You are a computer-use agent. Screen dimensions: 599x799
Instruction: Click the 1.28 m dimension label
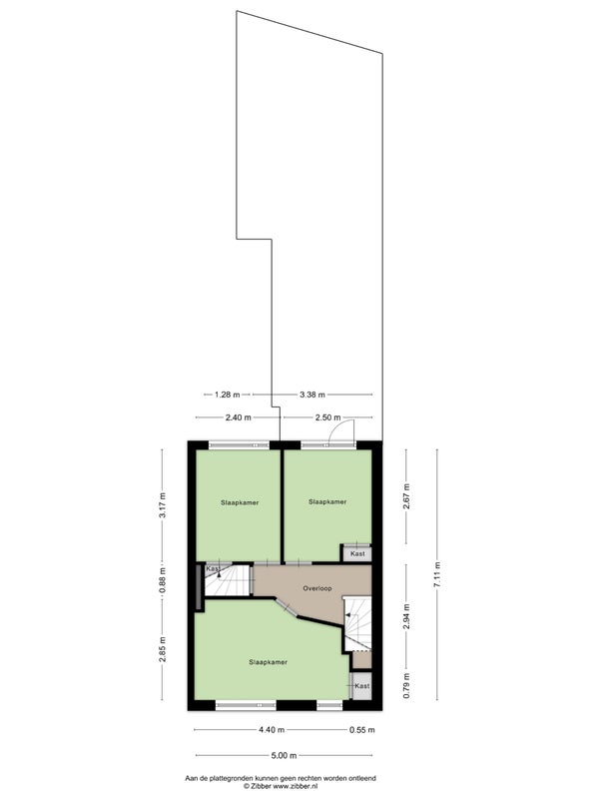(x=227, y=395)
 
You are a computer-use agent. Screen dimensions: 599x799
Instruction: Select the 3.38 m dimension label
(x=312, y=395)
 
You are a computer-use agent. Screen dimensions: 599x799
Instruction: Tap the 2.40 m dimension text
(x=239, y=417)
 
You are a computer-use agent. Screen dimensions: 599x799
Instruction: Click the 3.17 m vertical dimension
(x=162, y=505)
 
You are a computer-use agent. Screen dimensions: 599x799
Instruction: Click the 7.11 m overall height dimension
(x=436, y=574)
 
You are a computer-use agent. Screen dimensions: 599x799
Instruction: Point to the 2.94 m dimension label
(x=406, y=616)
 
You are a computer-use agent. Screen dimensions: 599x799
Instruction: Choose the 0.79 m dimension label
(x=406, y=686)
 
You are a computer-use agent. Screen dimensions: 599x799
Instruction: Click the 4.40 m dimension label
(x=272, y=730)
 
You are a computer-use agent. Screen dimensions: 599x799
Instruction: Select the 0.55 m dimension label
(x=362, y=730)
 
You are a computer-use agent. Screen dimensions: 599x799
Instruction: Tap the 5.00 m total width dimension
(x=284, y=756)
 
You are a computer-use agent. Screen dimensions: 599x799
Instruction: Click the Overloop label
(x=317, y=588)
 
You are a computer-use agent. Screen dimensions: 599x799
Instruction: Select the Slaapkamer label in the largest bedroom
(x=268, y=662)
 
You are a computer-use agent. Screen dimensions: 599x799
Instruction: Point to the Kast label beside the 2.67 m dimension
(x=358, y=553)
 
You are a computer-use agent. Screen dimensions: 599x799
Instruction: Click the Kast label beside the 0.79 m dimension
(x=362, y=686)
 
